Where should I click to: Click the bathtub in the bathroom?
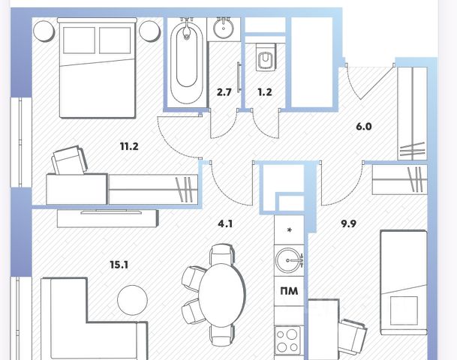(x=185, y=63)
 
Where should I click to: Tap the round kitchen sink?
(x=288, y=261)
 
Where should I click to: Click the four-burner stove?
(x=288, y=341)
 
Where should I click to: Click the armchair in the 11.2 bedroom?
(x=70, y=161)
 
